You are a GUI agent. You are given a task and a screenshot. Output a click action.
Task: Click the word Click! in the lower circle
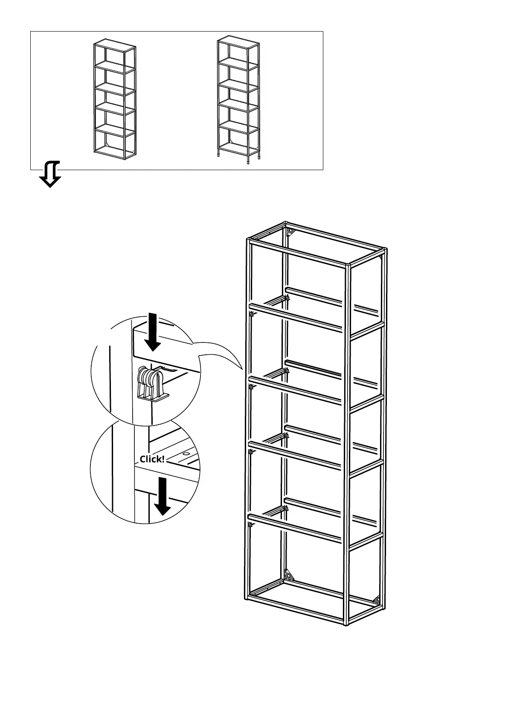pyautogui.click(x=152, y=459)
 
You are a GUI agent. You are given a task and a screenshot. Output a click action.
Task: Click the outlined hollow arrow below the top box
pyautogui.click(x=50, y=174)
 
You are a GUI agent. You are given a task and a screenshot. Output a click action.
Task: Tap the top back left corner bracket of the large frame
pyautogui.click(x=290, y=232)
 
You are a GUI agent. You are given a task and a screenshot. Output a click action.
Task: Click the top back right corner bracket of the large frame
pyautogui.click(x=381, y=259)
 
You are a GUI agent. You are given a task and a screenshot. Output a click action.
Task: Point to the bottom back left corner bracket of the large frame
pyautogui.click(x=290, y=576)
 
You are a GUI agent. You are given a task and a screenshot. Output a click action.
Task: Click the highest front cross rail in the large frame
pyautogui.click(x=296, y=317)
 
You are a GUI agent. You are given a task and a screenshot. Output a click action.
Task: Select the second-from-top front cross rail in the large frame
pyautogui.click(x=296, y=389)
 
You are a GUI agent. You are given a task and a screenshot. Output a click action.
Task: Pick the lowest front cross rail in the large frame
pyautogui.click(x=296, y=528)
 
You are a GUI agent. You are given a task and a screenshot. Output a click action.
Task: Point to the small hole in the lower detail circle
pyautogui.click(x=186, y=455)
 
